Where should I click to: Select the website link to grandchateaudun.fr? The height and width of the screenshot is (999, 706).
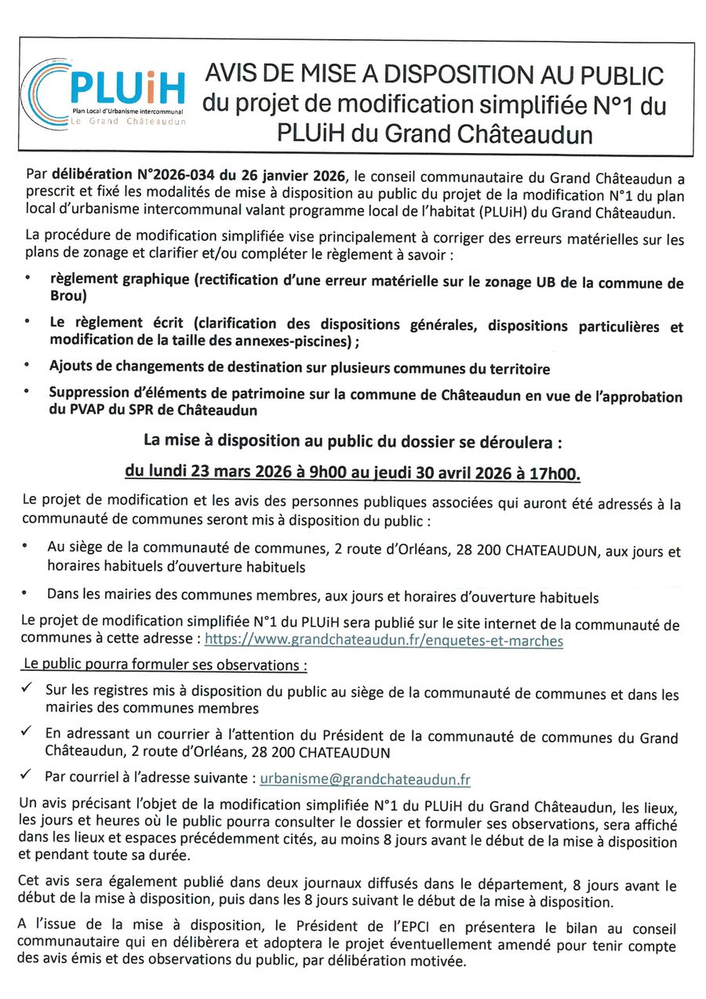384,640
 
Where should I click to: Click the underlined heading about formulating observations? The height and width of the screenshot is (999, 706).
164,664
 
